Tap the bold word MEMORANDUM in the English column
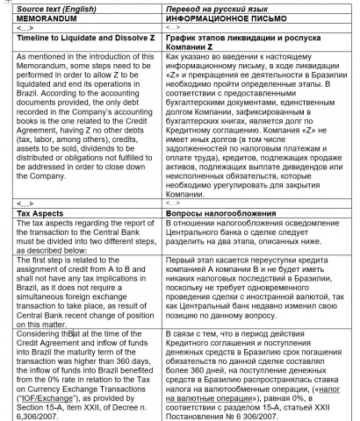[41, 17]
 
